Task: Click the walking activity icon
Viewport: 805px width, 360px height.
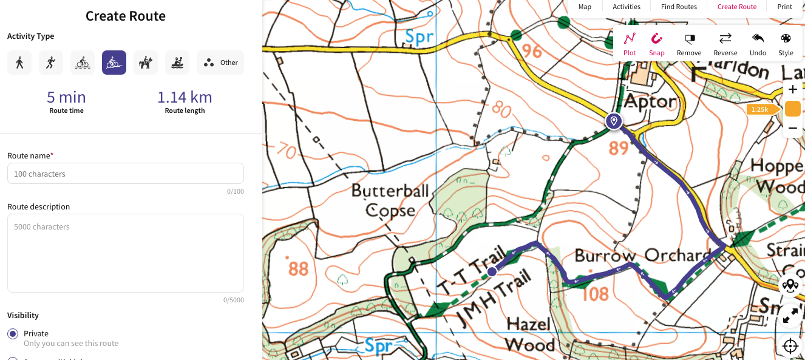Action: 19,63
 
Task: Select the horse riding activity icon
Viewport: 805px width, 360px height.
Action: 146,63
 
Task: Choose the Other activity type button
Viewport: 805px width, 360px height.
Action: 220,63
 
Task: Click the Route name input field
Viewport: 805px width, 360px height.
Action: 126,174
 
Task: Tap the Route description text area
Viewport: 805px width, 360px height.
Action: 126,253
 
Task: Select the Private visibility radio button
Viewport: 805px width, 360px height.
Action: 13,334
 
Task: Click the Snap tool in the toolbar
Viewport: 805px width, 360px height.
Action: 656,44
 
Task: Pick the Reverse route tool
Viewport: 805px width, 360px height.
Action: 725,44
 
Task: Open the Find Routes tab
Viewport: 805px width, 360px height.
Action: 679,7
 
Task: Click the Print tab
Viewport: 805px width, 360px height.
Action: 784,7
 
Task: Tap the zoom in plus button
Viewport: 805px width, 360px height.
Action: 792,90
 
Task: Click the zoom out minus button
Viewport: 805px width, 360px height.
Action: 792,128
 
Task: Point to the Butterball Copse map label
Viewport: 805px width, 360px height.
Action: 390,200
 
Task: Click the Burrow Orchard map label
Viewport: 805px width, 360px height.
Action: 642,255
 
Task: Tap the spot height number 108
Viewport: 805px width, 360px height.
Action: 595,294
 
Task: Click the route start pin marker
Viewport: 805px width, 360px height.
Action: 614,121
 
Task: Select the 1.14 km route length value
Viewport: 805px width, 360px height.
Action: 185,97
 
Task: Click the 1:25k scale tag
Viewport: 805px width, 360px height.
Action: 760,109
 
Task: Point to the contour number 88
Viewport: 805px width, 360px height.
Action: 298,268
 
